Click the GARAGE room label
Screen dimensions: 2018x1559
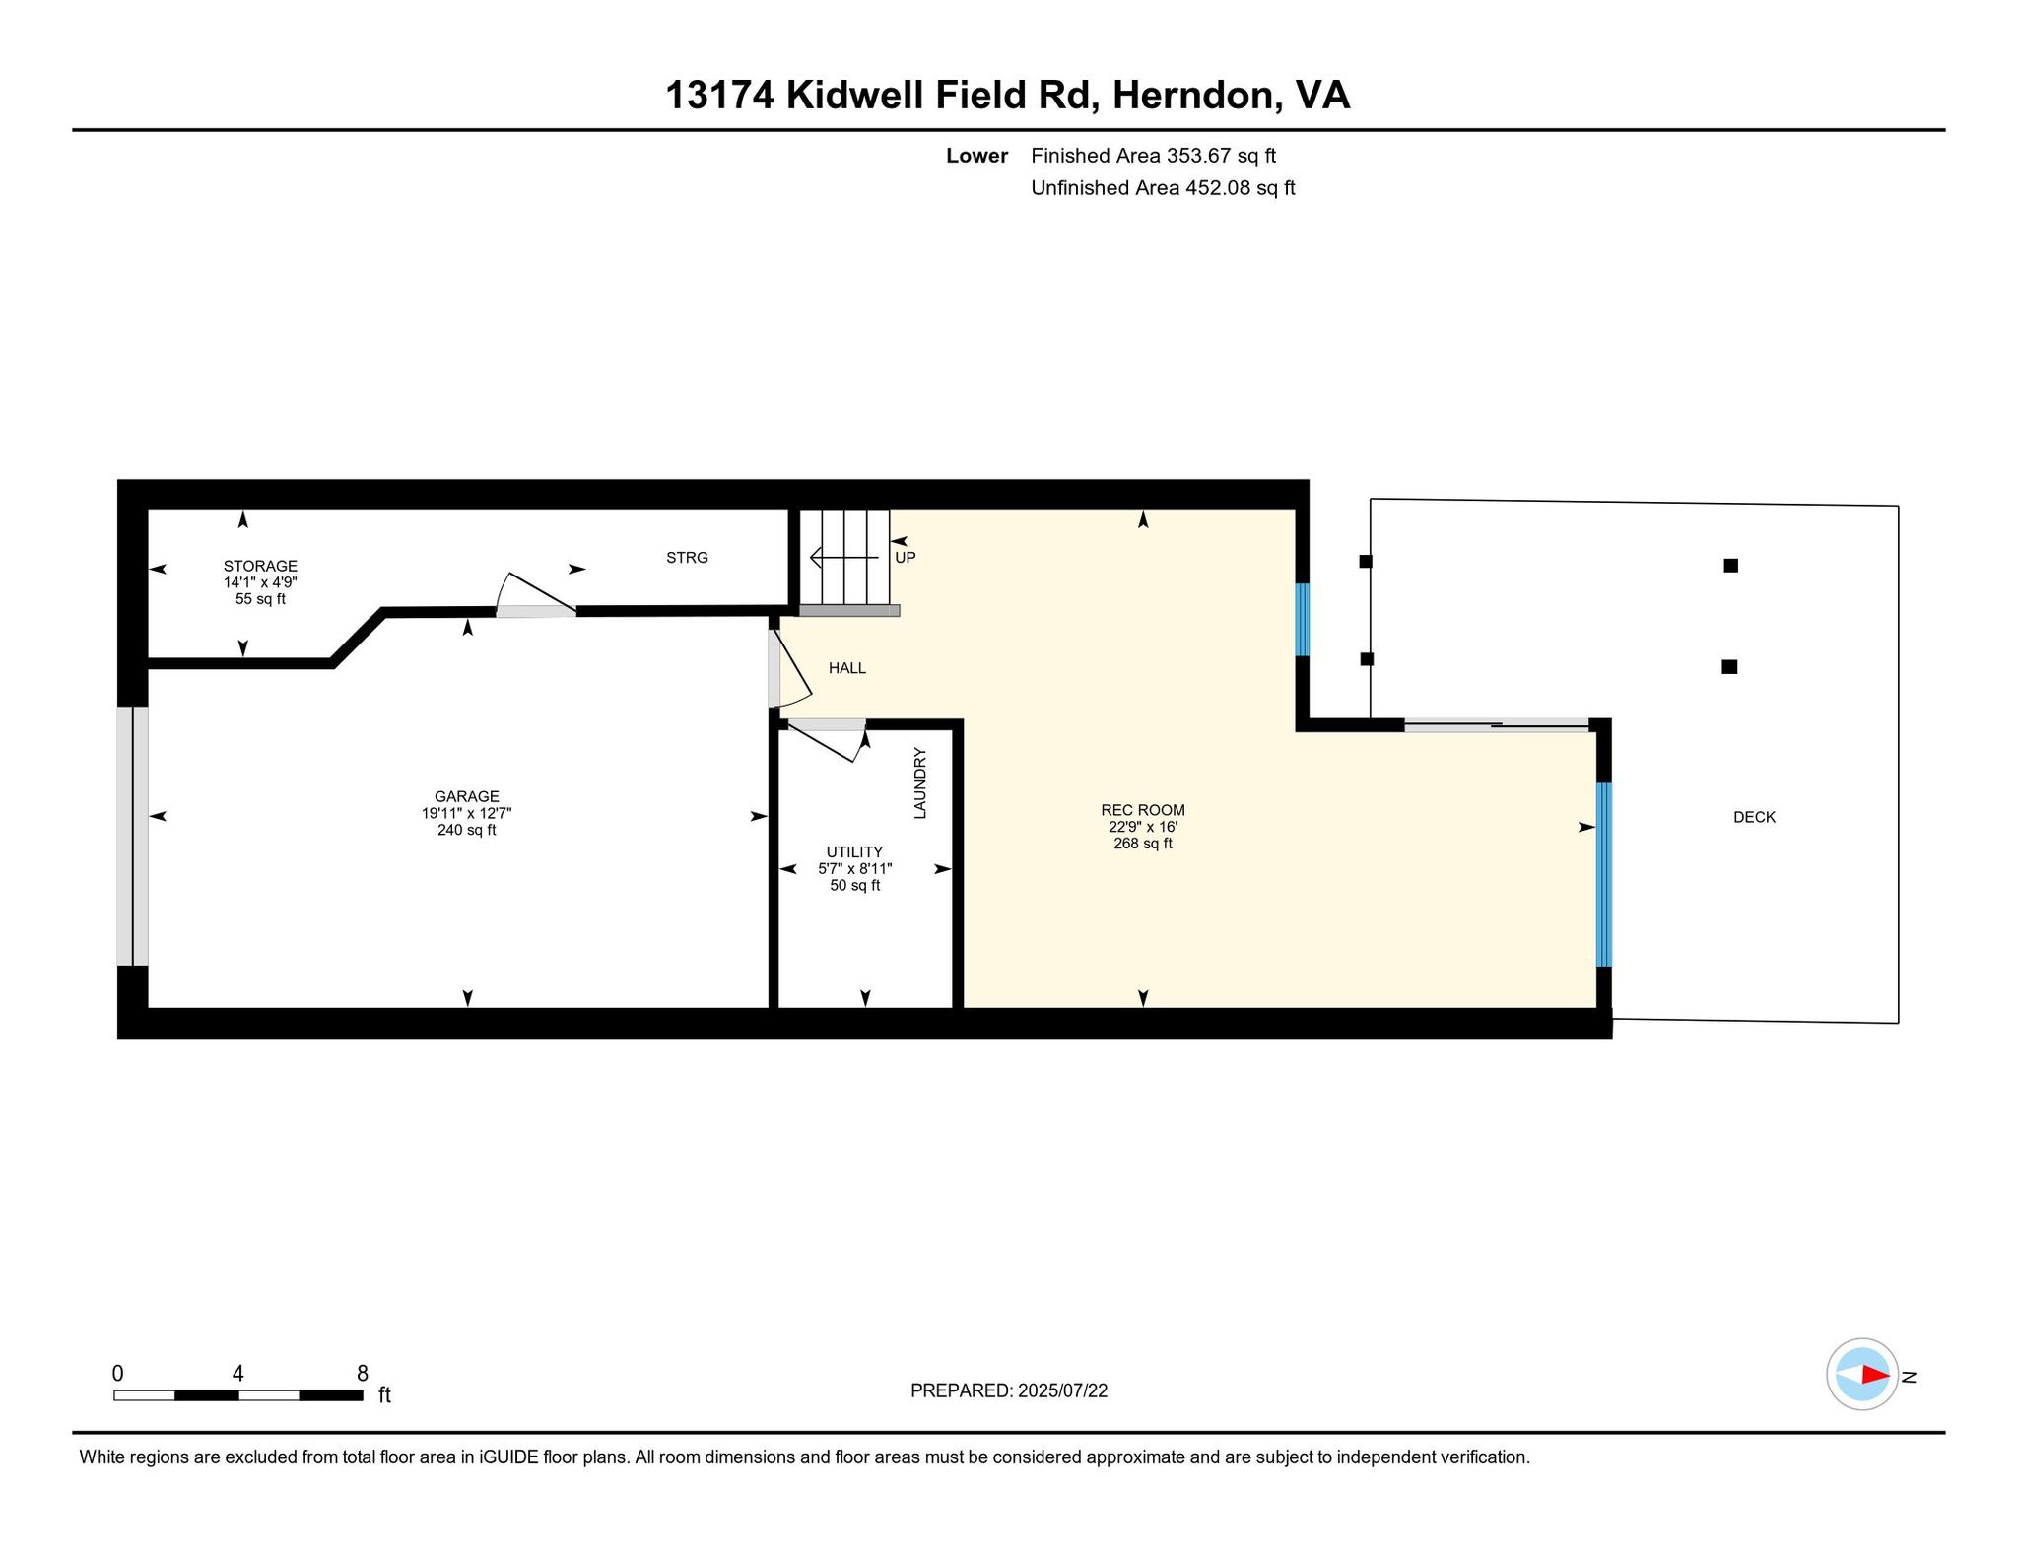(x=467, y=796)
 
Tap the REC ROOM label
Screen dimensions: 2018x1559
(x=1143, y=810)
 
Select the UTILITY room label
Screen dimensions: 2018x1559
(x=855, y=852)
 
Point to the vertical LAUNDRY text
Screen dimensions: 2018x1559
(x=920, y=783)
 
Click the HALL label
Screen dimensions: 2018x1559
(x=847, y=668)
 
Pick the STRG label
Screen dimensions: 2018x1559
(x=687, y=558)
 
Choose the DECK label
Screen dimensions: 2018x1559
(x=1755, y=817)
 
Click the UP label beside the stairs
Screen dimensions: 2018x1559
(x=906, y=558)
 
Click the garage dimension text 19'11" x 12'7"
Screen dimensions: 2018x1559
(x=467, y=813)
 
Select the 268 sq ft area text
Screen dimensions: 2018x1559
(x=1143, y=844)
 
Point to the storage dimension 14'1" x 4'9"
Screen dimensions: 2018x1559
(x=260, y=582)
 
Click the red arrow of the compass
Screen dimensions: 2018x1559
(x=1875, y=1375)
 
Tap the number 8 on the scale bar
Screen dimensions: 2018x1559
(x=363, y=1374)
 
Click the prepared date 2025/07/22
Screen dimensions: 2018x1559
(x=1063, y=1390)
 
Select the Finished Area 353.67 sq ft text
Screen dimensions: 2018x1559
(x=1154, y=156)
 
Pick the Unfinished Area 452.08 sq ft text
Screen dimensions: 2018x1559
(x=1163, y=188)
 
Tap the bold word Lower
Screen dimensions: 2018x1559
(x=977, y=156)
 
